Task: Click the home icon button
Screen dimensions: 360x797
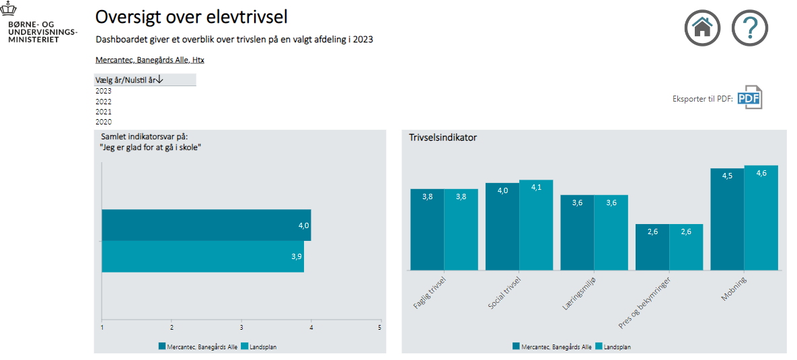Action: [x=702, y=28]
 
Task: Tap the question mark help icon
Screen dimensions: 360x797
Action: [x=750, y=28]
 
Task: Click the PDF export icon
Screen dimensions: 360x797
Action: [x=750, y=98]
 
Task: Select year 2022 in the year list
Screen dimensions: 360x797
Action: [x=104, y=102]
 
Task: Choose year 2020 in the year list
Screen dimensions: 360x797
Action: [x=104, y=122]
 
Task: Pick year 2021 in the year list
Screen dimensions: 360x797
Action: [x=104, y=112]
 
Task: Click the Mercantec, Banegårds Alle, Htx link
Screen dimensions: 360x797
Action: [x=149, y=60]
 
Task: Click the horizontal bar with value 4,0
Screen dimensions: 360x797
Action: [x=206, y=225]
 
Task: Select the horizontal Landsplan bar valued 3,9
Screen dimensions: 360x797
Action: [x=202, y=256]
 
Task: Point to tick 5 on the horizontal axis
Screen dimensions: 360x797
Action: [x=379, y=328]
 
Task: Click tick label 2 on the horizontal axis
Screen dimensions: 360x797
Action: [x=172, y=328]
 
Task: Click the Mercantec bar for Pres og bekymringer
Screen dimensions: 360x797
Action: [x=652, y=247]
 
